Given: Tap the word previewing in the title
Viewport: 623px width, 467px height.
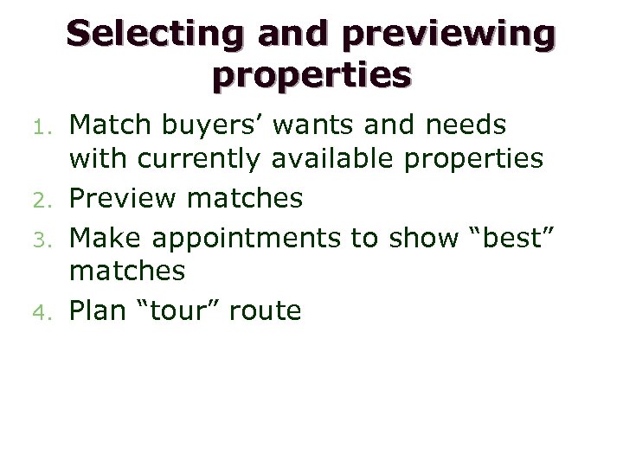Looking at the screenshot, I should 449,34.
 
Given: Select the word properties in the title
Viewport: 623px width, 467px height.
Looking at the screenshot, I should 311,76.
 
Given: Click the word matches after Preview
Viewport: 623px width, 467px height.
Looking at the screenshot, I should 245,199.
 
